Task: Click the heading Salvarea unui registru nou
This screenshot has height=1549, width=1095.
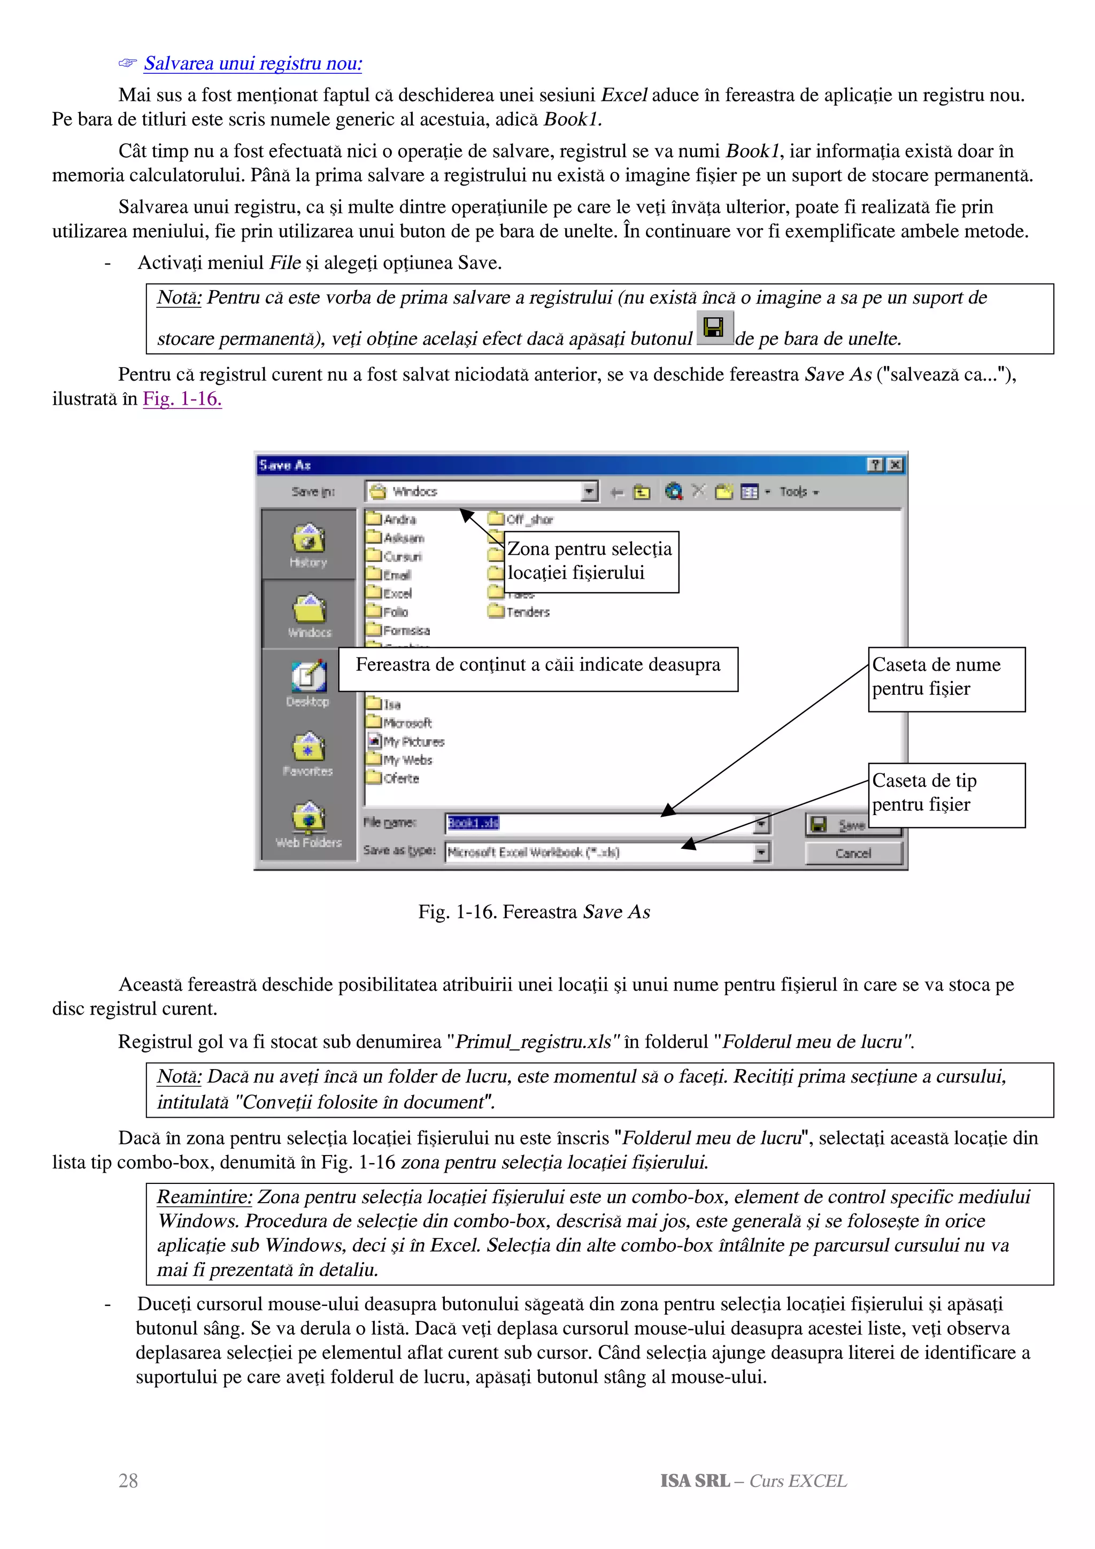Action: pyautogui.click(x=252, y=64)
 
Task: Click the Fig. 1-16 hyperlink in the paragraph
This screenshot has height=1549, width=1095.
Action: pyautogui.click(x=182, y=399)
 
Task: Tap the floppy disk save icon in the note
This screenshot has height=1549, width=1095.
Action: pyautogui.click(x=714, y=328)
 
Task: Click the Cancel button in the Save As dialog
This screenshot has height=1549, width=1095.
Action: pyautogui.click(x=853, y=853)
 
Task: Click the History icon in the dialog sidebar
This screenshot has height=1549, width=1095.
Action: pyautogui.click(x=309, y=545)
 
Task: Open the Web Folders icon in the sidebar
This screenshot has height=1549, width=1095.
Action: pyautogui.click(x=309, y=824)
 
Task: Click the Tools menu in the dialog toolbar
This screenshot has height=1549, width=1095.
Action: pyautogui.click(x=798, y=492)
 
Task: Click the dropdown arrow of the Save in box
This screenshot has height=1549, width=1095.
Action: pyautogui.click(x=589, y=491)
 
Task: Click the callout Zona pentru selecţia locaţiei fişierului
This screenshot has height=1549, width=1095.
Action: pyautogui.click(x=590, y=561)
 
